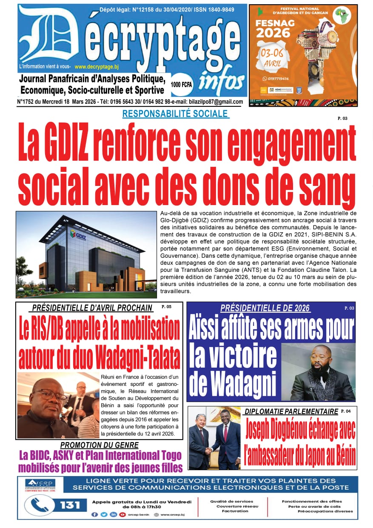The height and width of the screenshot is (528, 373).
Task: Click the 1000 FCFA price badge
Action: click(182, 85)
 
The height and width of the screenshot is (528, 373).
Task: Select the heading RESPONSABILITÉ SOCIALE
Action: click(175, 114)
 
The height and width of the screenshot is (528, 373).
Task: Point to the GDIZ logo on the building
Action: click(78, 235)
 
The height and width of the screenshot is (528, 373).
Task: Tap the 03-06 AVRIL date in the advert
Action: click(273, 58)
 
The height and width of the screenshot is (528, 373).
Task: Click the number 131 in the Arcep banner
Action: click(70, 505)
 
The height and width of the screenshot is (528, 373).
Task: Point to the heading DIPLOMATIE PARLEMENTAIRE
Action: click(291, 411)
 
